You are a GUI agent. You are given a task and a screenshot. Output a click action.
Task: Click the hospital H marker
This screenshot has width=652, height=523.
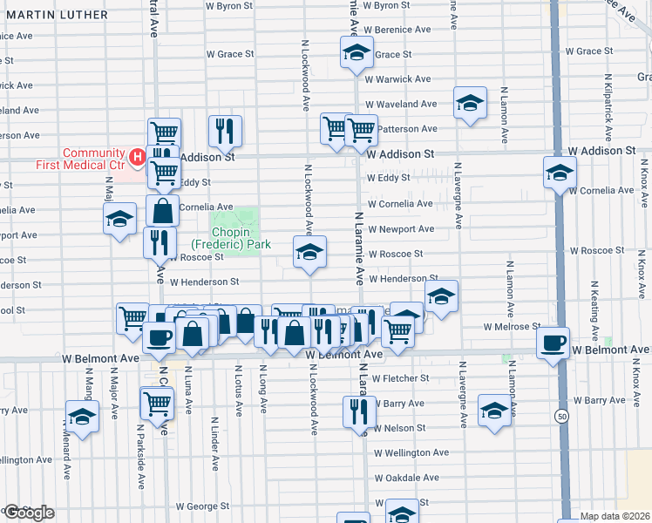point(137,157)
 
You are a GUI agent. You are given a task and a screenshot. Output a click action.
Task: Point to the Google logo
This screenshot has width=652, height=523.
point(28,513)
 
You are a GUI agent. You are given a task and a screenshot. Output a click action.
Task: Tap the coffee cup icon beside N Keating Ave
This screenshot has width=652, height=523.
point(554,343)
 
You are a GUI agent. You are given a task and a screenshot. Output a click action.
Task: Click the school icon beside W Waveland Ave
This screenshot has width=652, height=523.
point(470,104)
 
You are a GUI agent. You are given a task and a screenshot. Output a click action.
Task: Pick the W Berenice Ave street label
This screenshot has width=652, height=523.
point(398,30)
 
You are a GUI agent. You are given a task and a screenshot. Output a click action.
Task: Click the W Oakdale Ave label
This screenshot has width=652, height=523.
point(407,479)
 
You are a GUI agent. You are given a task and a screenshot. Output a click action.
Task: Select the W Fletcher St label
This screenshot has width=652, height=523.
point(400,378)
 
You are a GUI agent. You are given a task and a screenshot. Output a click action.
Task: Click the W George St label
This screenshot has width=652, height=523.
point(201,506)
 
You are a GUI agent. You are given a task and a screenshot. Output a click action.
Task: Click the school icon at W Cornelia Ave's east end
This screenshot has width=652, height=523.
point(559,172)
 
